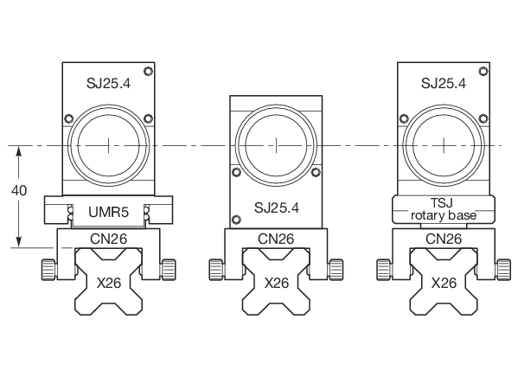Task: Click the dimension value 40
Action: coord(19,191)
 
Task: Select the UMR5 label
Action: coord(108,212)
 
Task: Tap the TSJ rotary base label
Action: coord(444,209)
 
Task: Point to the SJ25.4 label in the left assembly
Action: coord(108,83)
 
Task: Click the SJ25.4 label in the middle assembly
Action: coord(277,207)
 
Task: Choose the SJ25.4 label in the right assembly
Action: coord(444,83)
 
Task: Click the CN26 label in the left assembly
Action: coord(108,239)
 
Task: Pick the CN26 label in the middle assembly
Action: coord(276,239)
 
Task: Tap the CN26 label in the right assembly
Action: coord(444,239)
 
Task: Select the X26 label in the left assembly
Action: coord(109,283)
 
